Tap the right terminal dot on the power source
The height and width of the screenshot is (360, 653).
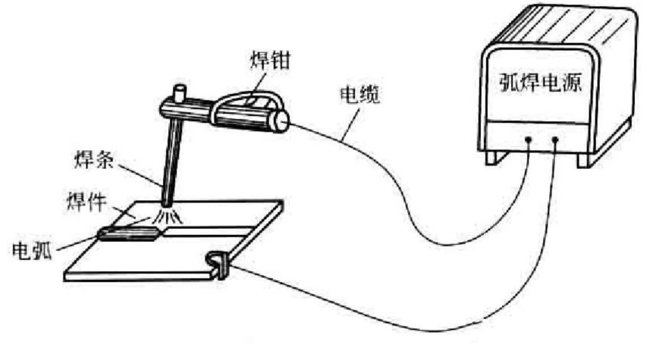(556, 141)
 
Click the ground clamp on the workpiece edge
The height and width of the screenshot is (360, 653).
(219, 263)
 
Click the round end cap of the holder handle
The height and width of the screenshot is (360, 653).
(280, 122)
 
